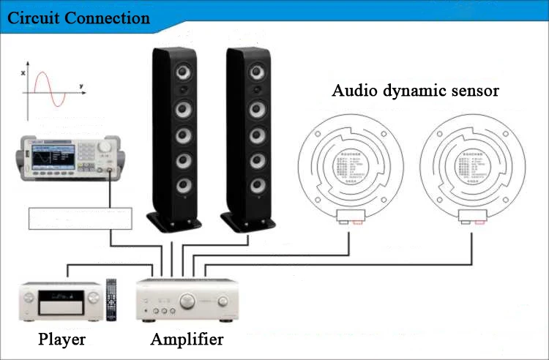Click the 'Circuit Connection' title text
coord(78,18)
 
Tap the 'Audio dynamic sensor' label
coord(415,91)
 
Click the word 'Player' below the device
coord(62,340)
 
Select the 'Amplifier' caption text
coord(187,340)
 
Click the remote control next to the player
coord(111,300)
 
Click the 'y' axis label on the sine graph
coord(81,87)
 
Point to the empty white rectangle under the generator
coord(81,219)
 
